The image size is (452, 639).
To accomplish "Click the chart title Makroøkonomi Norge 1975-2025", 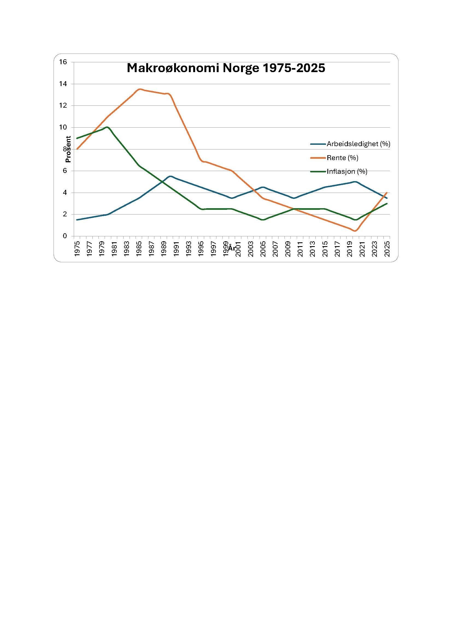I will tap(226, 68).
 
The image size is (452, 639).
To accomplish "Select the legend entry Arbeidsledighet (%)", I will tap(358, 144).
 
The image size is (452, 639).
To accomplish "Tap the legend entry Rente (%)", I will tap(342, 158).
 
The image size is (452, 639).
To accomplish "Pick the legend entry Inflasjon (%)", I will tap(347, 172).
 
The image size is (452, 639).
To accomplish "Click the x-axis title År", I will tap(232, 248).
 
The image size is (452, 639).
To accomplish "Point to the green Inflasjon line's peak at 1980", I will tap(107, 127).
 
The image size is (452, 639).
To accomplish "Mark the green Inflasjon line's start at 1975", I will tap(77, 138).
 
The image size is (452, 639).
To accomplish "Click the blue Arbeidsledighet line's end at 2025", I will tap(387, 198).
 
